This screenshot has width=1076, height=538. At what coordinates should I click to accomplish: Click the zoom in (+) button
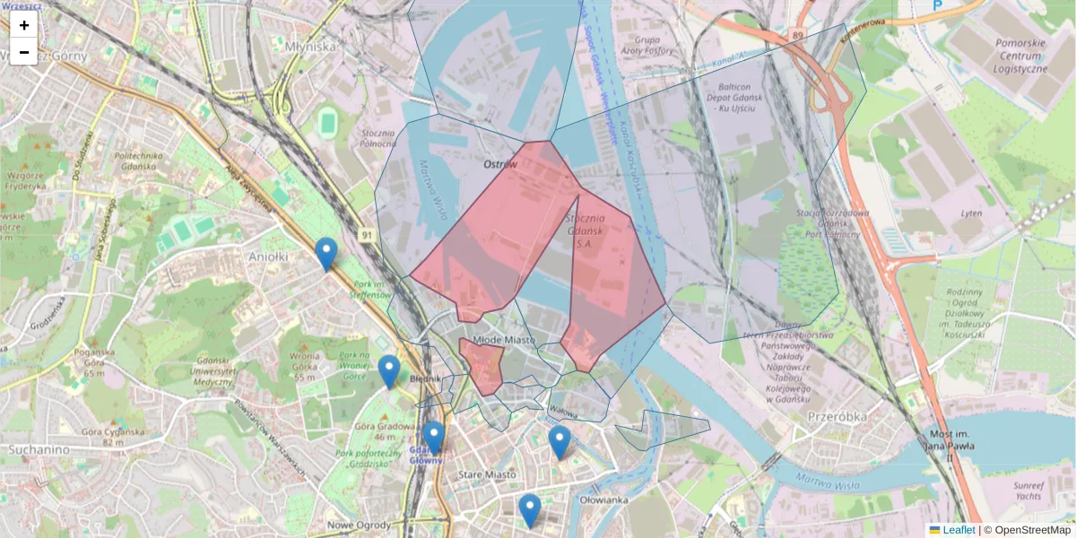24,25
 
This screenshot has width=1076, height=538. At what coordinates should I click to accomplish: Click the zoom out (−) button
24,52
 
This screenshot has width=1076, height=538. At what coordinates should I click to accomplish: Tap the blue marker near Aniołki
326,254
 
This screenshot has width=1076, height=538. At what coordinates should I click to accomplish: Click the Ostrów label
500,165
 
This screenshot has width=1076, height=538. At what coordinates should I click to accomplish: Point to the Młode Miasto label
503,340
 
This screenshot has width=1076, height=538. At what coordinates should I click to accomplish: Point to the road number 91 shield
367,235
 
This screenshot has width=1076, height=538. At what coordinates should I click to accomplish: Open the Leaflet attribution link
958,530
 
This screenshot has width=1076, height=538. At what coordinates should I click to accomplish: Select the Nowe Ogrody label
356,525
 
